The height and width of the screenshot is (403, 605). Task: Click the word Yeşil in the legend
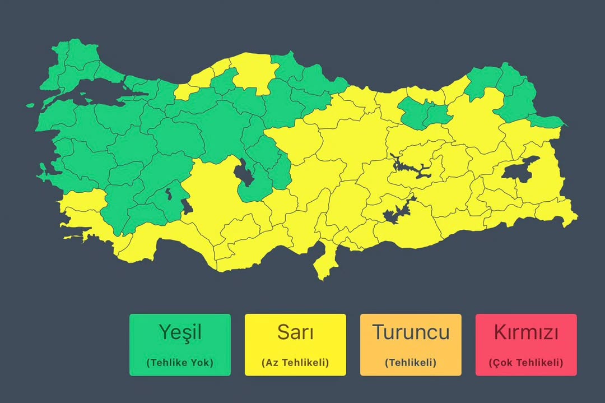point(180,332)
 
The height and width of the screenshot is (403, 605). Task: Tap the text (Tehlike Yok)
point(180,363)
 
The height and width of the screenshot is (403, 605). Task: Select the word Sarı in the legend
point(295,332)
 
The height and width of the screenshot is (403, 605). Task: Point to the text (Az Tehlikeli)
point(295,363)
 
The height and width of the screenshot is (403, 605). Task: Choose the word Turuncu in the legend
point(411,332)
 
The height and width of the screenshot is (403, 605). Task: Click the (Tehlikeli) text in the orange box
point(411,363)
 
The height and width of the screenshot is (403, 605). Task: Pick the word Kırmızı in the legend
point(526,332)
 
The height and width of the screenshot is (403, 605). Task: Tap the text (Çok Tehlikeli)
point(526,363)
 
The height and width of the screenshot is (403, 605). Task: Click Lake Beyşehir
point(188,206)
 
